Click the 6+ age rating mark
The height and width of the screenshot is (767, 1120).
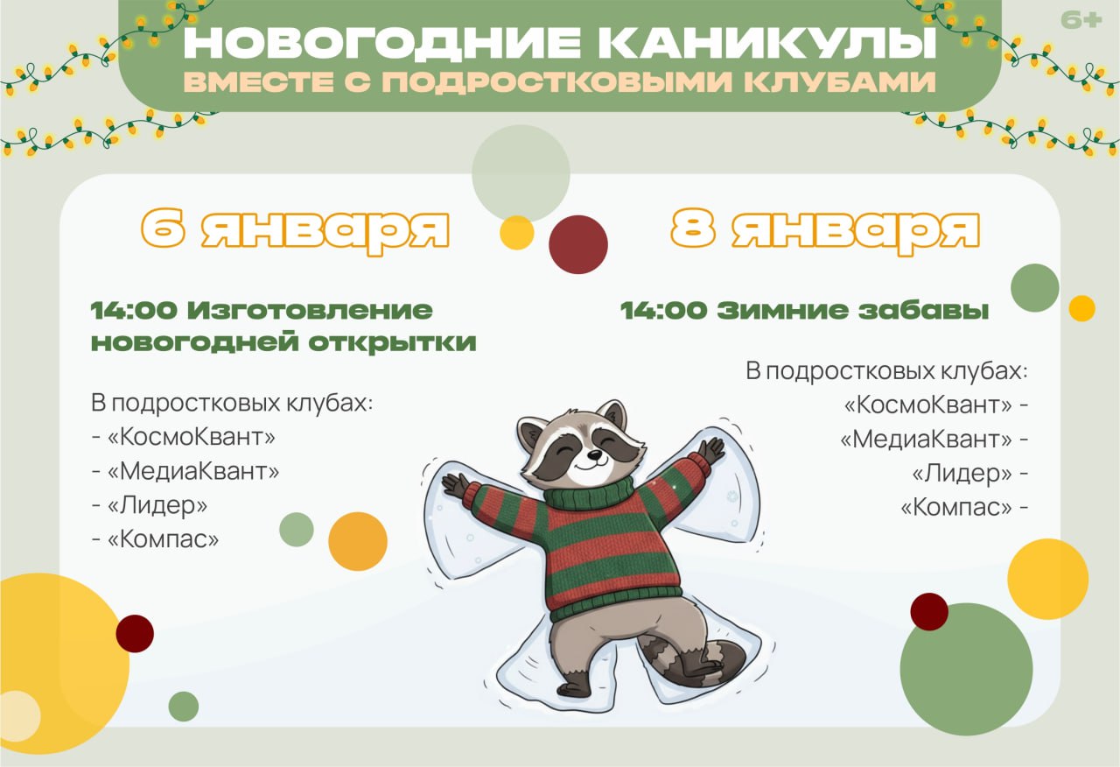[1081, 19]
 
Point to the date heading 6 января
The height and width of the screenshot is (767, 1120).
[296, 229]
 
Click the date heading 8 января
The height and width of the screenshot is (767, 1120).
[825, 229]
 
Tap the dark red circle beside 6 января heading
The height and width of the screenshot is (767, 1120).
[577, 244]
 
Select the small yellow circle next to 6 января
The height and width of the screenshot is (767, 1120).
[516, 233]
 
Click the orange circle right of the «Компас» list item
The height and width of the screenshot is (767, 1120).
[357, 541]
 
